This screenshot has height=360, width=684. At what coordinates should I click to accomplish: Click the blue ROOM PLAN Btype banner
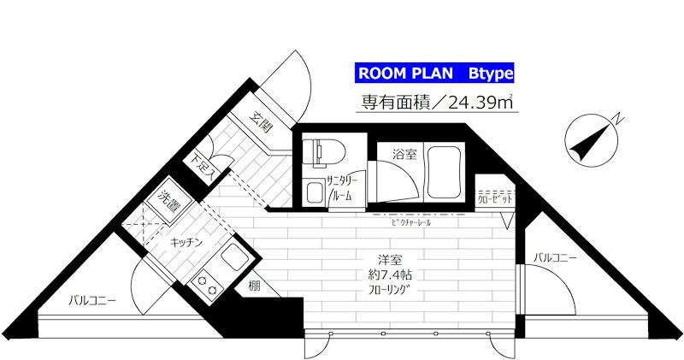[433, 72]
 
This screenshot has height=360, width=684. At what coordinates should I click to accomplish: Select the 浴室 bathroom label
[404, 155]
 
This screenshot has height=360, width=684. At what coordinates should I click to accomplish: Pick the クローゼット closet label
[495, 198]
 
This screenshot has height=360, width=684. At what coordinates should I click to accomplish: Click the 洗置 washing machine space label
[168, 203]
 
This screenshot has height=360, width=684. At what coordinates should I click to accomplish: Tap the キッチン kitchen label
[186, 243]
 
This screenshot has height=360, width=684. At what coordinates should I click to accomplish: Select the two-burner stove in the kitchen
[207, 285]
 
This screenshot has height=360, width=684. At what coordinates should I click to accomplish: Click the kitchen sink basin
[233, 256]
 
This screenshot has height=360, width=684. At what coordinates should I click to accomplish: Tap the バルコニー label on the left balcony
[92, 300]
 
